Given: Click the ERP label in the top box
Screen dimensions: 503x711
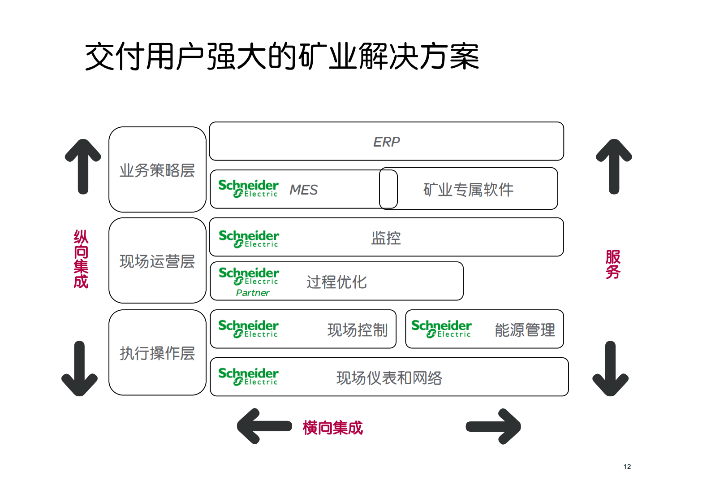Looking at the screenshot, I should click(x=386, y=142).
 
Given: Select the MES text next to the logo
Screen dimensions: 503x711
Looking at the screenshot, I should click(x=303, y=190).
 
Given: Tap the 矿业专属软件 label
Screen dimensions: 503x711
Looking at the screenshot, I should click(x=468, y=190).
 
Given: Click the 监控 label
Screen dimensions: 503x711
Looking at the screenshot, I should click(x=386, y=238).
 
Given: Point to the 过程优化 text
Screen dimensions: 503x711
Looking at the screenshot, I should click(x=336, y=282).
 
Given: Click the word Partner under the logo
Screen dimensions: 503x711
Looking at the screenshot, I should click(x=253, y=293).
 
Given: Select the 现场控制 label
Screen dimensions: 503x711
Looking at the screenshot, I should click(x=357, y=330).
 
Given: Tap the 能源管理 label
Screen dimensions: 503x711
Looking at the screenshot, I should click(x=525, y=330).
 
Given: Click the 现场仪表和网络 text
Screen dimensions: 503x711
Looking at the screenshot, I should click(x=389, y=378).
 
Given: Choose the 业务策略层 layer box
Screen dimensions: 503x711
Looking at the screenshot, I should click(x=157, y=170).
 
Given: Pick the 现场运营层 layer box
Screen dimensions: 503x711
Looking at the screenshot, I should click(x=157, y=261).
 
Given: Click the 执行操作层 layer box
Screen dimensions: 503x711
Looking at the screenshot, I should click(x=157, y=353).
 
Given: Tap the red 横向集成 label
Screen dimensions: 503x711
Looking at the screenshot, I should click(x=332, y=428).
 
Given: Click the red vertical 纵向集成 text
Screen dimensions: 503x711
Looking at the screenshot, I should click(x=81, y=259).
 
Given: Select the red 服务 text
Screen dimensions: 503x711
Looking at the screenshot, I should click(x=613, y=265).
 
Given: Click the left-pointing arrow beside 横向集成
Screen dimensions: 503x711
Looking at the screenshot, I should click(x=264, y=426).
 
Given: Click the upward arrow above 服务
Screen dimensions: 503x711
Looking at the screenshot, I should click(x=614, y=166).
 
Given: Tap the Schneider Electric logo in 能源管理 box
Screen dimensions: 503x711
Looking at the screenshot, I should click(x=441, y=329).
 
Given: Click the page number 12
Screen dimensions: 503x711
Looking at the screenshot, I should click(x=627, y=467).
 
